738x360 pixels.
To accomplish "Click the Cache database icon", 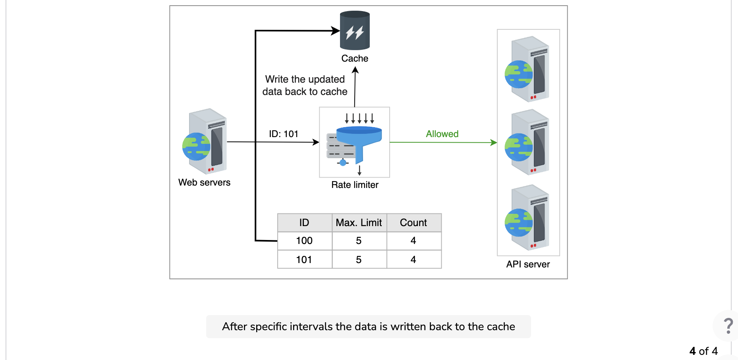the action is pyautogui.click(x=355, y=30).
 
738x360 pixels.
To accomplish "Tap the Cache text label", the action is pyautogui.click(x=355, y=58).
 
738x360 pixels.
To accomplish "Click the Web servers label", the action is pyautogui.click(x=204, y=182).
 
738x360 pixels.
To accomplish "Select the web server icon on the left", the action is pyautogui.click(x=205, y=141).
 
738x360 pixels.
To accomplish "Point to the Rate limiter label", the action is pyautogui.click(x=355, y=185).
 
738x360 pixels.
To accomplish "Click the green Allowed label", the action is pyautogui.click(x=442, y=134).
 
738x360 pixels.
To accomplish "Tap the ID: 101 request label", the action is pyautogui.click(x=284, y=134).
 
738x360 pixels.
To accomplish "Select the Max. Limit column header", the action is pyautogui.click(x=359, y=223).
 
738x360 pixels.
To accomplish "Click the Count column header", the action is pyautogui.click(x=413, y=223).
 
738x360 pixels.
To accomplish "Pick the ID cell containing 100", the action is pyautogui.click(x=304, y=241).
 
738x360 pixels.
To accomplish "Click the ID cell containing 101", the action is pyautogui.click(x=304, y=259).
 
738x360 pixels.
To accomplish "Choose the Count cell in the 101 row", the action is pyautogui.click(x=413, y=259).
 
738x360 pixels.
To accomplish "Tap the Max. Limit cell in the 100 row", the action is pyautogui.click(x=359, y=241).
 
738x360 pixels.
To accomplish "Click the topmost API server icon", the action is pyautogui.click(x=527, y=69).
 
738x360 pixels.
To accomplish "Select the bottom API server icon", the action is pyautogui.click(x=527, y=217).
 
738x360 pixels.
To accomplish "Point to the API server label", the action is pyautogui.click(x=528, y=264).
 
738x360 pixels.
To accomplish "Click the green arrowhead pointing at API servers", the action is pyautogui.click(x=494, y=142).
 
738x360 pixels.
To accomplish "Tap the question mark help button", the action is pyautogui.click(x=728, y=326).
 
